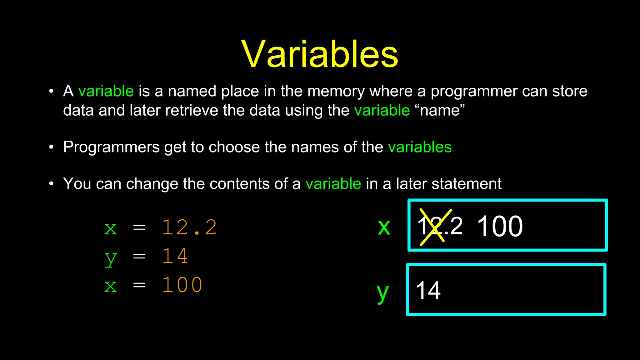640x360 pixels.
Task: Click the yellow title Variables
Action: click(320, 54)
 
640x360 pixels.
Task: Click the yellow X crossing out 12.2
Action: click(435, 227)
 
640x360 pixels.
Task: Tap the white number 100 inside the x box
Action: click(500, 227)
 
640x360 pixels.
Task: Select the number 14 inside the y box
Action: click(428, 291)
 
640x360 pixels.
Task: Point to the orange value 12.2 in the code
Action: click(189, 227)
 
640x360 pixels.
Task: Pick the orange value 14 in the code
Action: click(175, 256)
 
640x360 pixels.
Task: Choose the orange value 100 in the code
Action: click(182, 285)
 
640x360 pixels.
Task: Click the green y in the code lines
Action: click(111, 258)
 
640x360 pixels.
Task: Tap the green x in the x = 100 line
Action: click(111, 286)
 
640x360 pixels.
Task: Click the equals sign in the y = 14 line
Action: click(139, 257)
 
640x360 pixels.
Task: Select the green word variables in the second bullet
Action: click(419, 147)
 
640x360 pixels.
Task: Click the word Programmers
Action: click(111, 147)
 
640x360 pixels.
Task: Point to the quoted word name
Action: click(440, 110)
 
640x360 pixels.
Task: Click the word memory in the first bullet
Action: click(336, 92)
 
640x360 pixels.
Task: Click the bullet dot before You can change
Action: click(52, 184)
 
